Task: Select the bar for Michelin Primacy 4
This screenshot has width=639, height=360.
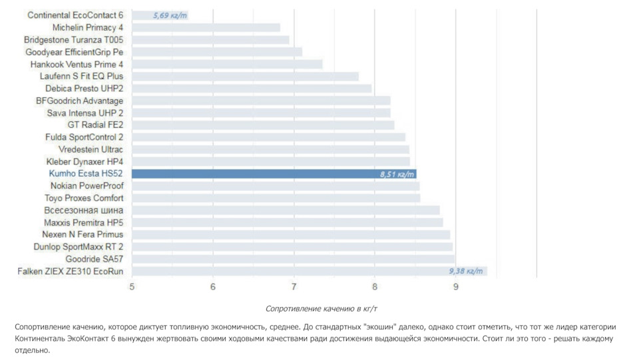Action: point(206,27)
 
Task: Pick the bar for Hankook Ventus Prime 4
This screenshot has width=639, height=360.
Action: point(227,64)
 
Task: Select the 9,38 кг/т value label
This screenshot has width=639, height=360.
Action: point(466,271)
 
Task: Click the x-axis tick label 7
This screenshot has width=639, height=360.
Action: point(294,287)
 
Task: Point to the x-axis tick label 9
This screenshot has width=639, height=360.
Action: point(456,287)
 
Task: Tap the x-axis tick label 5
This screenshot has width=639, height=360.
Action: point(132,287)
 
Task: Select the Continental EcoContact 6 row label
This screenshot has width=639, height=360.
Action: point(75,15)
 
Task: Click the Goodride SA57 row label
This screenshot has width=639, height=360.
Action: point(94,259)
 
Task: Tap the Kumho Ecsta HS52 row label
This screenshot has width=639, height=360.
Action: point(86,174)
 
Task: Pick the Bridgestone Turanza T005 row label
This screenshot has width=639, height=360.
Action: point(73,39)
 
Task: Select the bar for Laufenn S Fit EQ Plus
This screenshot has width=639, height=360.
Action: point(245,76)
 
